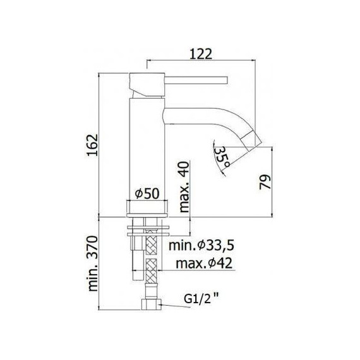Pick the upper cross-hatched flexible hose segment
[x=151, y=243]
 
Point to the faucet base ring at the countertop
[x=148, y=207]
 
